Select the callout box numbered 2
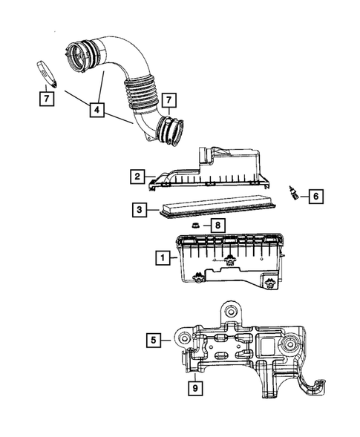point(138,177)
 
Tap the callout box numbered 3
point(138,210)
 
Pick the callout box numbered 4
point(96,110)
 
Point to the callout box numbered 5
point(154,340)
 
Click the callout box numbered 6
point(315,197)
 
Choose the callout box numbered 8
point(218,225)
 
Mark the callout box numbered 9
point(194,387)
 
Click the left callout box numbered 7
point(46,97)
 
